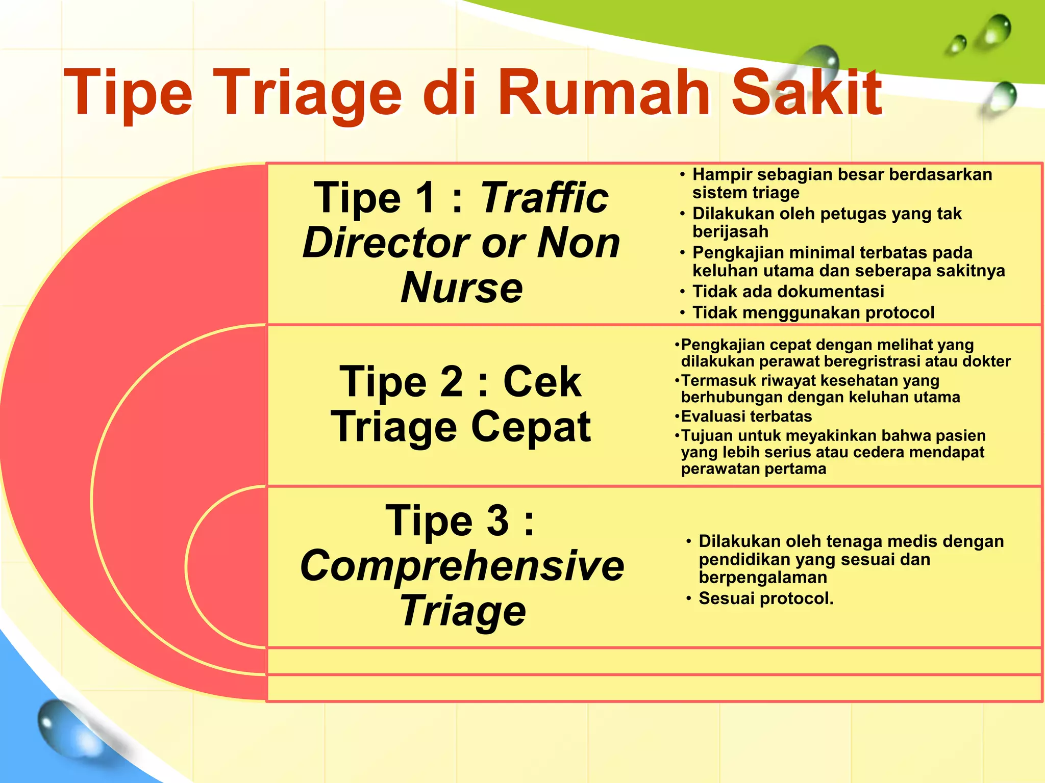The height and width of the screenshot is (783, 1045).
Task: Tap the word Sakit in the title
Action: pyautogui.click(x=806, y=93)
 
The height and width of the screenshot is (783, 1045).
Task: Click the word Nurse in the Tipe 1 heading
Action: pyautogui.click(x=462, y=288)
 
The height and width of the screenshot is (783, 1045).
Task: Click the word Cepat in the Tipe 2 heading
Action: pyautogui.click(x=531, y=427)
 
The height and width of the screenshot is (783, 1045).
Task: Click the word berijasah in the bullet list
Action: pyautogui.click(x=730, y=232)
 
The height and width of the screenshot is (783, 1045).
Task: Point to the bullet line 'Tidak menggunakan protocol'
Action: pyautogui.click(x=813, y=312)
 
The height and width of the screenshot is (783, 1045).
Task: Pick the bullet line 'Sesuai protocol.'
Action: pyautogui.click(x=765, y=598)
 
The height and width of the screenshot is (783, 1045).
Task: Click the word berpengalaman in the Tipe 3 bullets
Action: pyautogui.click(x=763, y=578)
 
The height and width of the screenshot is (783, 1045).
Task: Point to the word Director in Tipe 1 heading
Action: pyautogui.click(x=386, y=243)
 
